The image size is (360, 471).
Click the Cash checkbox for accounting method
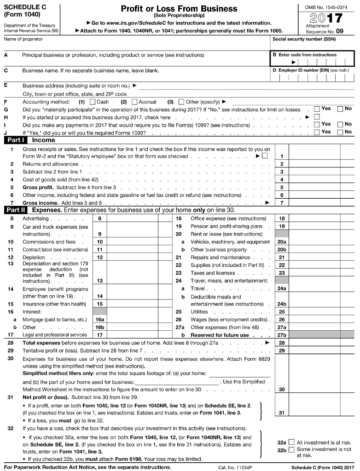93,102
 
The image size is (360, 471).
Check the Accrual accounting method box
134,102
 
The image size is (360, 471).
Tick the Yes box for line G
317,109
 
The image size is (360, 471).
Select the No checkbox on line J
340,132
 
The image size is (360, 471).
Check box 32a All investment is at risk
291,442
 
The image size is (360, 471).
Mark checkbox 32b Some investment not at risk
291,449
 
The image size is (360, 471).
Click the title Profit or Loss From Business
179,9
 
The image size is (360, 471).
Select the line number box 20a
282,241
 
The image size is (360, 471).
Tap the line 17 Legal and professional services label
55,335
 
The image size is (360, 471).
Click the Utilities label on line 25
200,312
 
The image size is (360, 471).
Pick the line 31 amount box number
282,413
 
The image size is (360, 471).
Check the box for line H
317,117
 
